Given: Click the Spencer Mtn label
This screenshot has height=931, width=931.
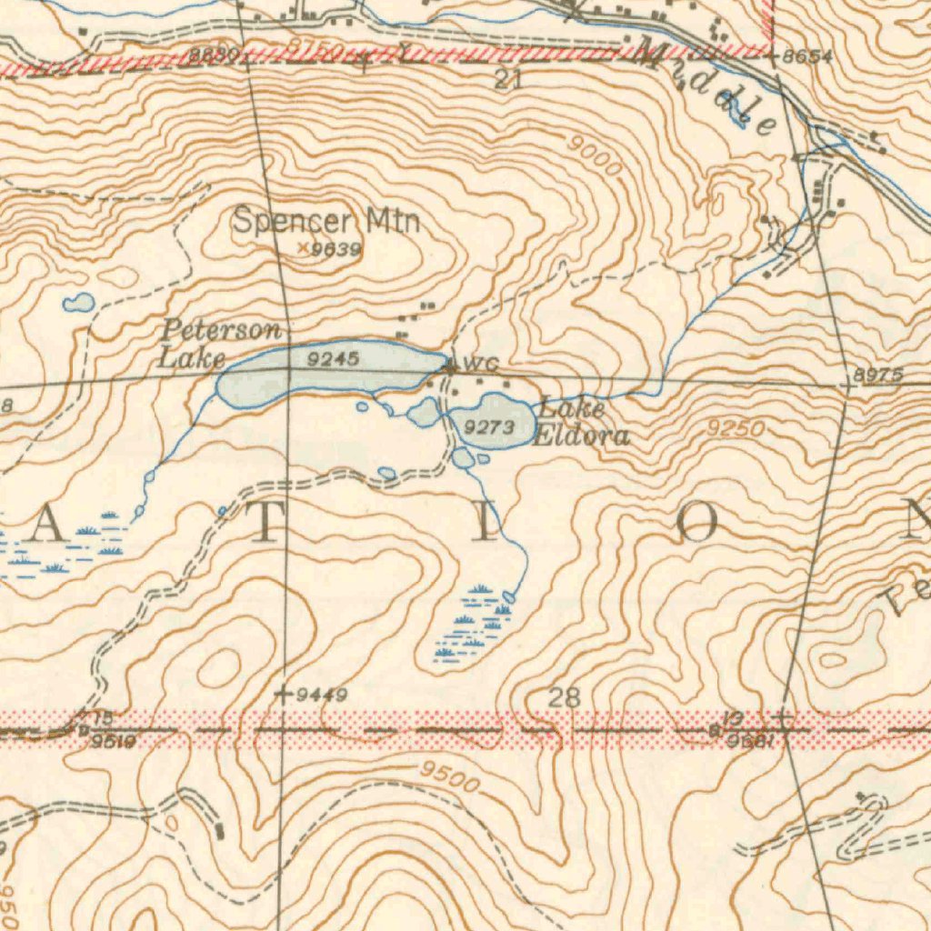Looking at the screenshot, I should (x=326, y=221).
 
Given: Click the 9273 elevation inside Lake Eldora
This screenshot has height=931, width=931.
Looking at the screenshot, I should (x=490, y=425).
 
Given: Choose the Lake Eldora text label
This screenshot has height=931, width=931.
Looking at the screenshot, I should (x=580, y=423).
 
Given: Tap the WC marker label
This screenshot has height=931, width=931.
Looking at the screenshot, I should (x=481, y=365).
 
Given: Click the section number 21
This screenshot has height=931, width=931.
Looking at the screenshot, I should (x=508, y=80).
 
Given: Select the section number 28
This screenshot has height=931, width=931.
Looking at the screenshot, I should (x=564, y=698).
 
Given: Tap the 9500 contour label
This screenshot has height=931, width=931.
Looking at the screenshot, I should (x=450, y=776).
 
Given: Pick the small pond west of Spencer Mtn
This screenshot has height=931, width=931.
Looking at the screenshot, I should (x=78, y=302).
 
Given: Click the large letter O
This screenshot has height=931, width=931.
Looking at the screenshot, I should (x=701, y=525).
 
